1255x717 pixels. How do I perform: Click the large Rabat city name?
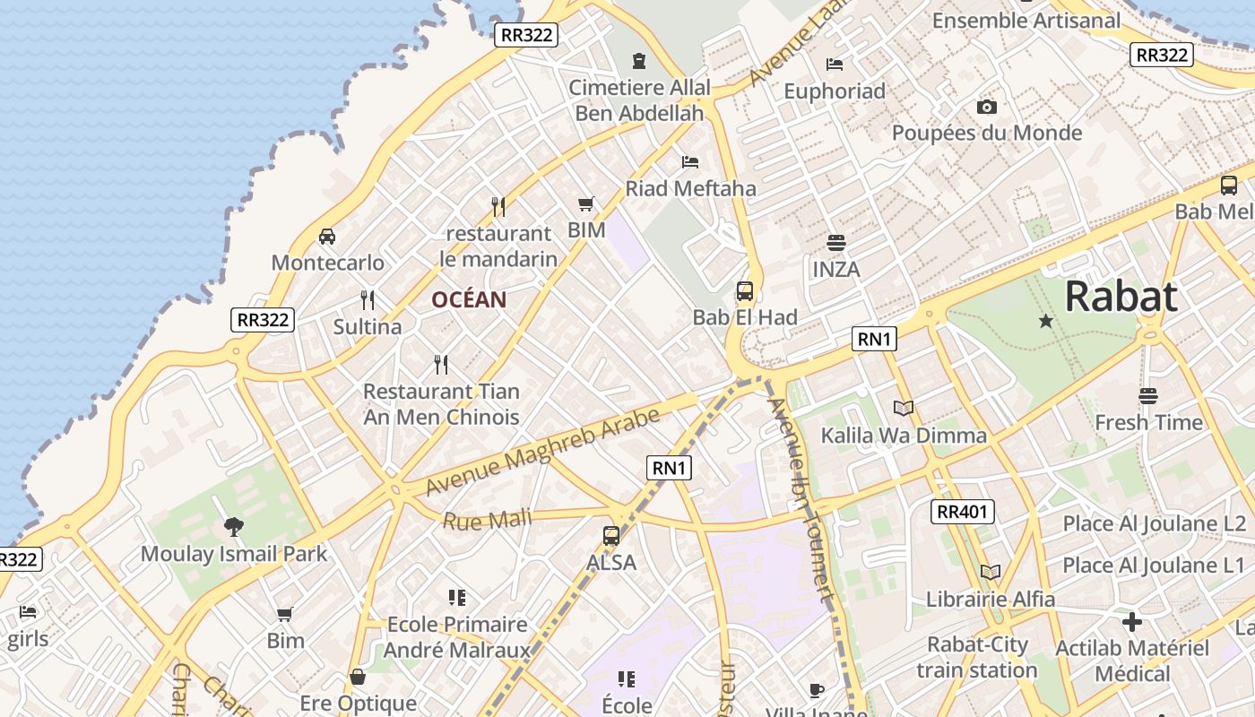point(1121,297)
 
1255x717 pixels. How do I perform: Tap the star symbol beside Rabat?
point(1045,320)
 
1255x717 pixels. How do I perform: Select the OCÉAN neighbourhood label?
point(469,299)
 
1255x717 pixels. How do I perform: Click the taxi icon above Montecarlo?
point(327,237)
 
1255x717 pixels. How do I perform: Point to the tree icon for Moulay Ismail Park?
point(234,526)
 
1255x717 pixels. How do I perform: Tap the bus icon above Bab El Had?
point(745,290)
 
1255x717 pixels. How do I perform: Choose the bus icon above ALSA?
point(611,536)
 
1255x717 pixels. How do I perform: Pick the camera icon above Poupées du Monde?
point(987,108)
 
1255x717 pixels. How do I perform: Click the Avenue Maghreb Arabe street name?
point(543,452)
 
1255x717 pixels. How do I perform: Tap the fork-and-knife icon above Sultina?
point(368,299)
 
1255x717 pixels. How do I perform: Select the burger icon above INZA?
point(836,242)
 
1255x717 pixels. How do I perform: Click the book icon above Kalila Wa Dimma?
point(904,409)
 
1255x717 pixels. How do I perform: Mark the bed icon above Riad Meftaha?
point(690,162)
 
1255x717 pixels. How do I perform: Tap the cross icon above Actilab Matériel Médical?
point(1132,621)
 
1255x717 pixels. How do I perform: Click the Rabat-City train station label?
point(977,657)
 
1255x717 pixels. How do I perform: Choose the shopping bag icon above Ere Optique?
point(358,677)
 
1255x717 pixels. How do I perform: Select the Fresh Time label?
point(1148,422)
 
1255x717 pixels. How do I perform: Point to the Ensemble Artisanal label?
point(1026,20)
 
